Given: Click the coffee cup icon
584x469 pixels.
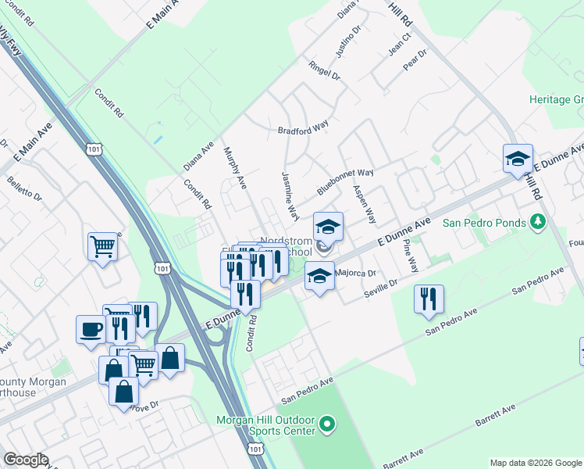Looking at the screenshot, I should click(x=90, y=328).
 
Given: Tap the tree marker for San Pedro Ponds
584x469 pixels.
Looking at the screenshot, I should click(x=537, y=223).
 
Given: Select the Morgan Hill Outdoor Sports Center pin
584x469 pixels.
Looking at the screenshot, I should click(x=327, y=426).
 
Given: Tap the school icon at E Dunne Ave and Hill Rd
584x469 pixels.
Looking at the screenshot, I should click(x=517, y=159).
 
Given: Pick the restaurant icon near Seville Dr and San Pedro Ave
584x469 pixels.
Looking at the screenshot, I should click(x=429, y=299).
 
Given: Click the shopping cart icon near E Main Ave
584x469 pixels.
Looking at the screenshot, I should click(x=102, y=247).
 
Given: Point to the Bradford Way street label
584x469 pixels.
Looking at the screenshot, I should click(x=304, y=130).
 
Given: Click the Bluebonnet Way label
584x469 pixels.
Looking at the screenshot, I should click(x=345, y=181).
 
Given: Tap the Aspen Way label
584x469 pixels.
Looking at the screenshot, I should click(x=364, y=205).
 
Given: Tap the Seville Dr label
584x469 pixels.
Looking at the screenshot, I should click(x=381, y=288).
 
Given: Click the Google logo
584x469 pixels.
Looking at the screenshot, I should click(x=26, y=460).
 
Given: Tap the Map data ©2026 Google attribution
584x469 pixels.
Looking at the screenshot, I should click(x=535, y=463).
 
